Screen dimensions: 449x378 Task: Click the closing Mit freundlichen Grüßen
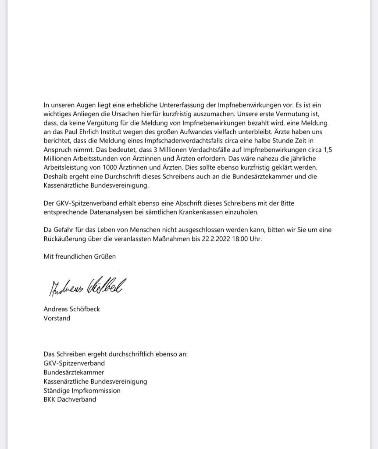click(x=79, y=257)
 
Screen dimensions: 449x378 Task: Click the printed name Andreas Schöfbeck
click(x=71, y=309)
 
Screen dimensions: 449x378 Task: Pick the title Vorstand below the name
click(x=57, y=318)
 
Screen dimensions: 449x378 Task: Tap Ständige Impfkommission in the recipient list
click(x=82, y=390)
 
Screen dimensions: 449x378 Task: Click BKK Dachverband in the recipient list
click(x=69, y=399)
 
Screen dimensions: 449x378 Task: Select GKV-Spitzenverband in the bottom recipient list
click(x=74, y=363)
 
